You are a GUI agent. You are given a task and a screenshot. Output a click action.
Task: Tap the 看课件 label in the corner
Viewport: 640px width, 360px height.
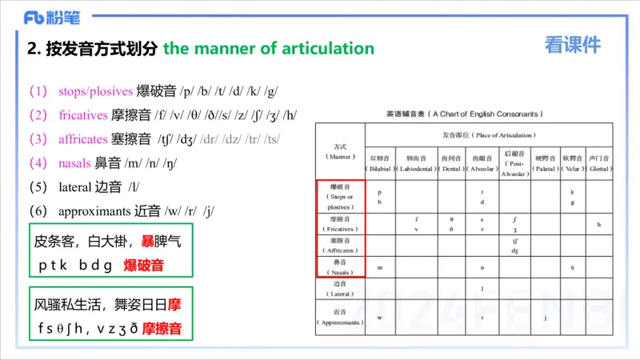(x=573, y=46)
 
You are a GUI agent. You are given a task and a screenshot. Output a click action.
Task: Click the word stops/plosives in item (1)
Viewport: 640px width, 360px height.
(x=95, y=91)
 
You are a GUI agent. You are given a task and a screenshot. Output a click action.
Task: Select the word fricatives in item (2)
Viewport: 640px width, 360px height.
(x=83, y=115)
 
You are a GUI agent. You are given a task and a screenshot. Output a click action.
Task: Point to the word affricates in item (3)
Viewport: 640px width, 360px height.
(x=83, y=139)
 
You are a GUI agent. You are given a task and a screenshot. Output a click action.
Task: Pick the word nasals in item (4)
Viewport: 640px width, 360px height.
(x=74, y=163)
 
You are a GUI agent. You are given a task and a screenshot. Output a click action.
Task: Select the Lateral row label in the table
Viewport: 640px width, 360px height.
(x=340, y=289)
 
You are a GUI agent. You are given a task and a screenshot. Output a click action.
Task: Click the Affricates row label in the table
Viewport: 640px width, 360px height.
(x=340, y=246)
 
